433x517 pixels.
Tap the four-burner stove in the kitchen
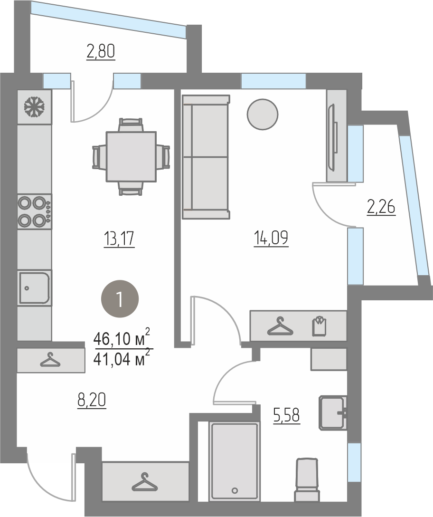(x=35, y=211)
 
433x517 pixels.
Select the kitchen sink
(x=35, y=287)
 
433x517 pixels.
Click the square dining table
(x=131, y=157)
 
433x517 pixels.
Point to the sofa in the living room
(x=206, y=157)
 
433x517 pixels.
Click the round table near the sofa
(x=263, y=115)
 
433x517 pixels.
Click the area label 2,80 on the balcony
(x=101, y=52)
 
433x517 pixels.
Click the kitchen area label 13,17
(x=119, y=239)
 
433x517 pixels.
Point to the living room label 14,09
(x=271, y=238)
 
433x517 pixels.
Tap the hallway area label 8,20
(x=92, y=401)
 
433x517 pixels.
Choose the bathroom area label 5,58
(x=287, y=415)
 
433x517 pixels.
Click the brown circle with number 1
(x=120, y=299)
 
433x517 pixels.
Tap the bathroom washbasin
(x=333, y=413)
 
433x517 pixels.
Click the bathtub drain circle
(x=235, y=490)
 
